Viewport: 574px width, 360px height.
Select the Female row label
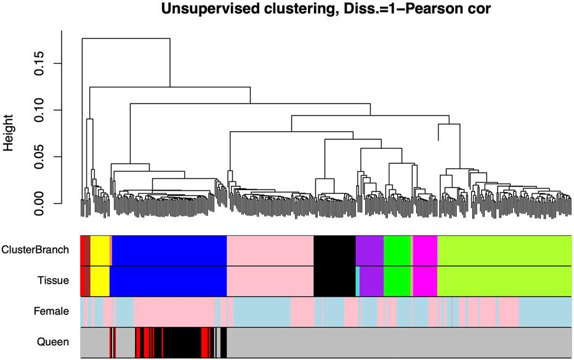click(x=51, y=312)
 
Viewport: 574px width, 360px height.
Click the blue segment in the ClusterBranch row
click(x=169, y=250)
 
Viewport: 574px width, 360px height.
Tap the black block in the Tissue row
click(x=334, y=281)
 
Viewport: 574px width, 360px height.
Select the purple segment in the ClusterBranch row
click(x=370, y=250)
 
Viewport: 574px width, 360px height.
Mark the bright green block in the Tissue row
click(x=397, y=281)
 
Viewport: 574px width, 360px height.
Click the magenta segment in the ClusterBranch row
click(x=425, y=250)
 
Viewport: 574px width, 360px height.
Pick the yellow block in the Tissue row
click(x=100, y=281)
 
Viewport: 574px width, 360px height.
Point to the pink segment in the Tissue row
click(x=270, y=281)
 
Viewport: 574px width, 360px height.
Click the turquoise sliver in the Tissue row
click(x=358, y=281)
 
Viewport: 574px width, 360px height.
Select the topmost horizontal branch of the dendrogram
click(x=126, y=38)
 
